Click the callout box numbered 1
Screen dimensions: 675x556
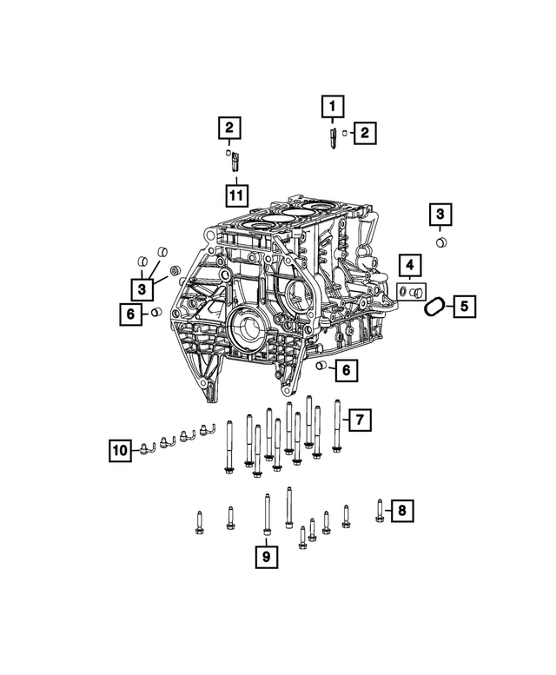pyautogui.click(x=331, y=107)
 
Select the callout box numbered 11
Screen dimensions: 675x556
pyautogui.click(x=235, y=195)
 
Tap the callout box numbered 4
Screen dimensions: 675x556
pyautogui.click(x=409, y=265)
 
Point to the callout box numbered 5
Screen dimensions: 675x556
pyautogui.click(x=463, y=305)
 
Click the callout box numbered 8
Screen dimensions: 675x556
pyautogui.click(x=400, y=511)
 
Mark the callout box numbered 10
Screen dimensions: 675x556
pyautogui.click(x=120, y=449)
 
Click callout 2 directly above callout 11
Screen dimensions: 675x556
pyautogui.click(x=228, y=129)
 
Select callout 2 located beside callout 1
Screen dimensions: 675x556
pyautogui.click(x=365, y=132)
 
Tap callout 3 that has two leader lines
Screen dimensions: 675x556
pyautogui.click(x=139, y=287)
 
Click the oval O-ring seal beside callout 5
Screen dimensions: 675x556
pyautogui.click(x=435, y=305)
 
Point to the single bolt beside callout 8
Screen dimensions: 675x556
pyautogui.click(x=380, y=510)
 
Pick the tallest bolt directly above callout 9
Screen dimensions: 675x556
pyautogui.click(x=266, y=514)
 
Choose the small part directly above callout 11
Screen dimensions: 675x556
pyautogui.click(x=233, y=162)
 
